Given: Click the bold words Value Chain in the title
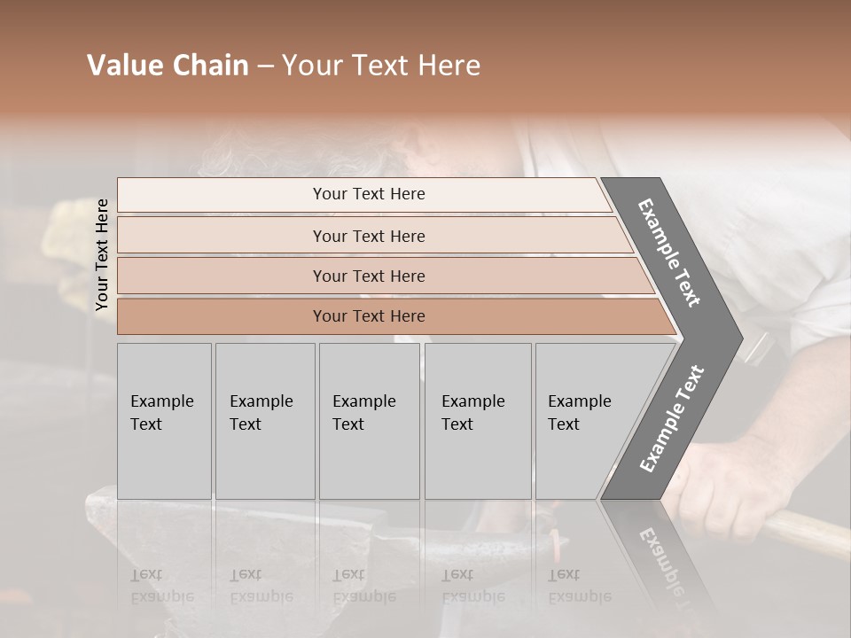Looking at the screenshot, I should (168, 66).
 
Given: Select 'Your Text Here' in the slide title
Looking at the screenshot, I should (381, 66).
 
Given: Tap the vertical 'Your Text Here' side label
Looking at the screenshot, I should (102, 255).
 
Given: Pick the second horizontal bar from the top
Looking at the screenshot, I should (369, 236).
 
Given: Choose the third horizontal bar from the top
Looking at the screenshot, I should (369, 276).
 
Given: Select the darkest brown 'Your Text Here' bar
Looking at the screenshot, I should (369, 316).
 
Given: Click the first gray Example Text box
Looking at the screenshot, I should (164, 421).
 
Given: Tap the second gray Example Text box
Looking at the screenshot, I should (264, 421).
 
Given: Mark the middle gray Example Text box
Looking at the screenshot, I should (369, 421).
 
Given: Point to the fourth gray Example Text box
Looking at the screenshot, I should (477, 421).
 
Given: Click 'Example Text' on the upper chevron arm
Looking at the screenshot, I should (670, 253).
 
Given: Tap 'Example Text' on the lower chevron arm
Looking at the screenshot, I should (672, 418).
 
